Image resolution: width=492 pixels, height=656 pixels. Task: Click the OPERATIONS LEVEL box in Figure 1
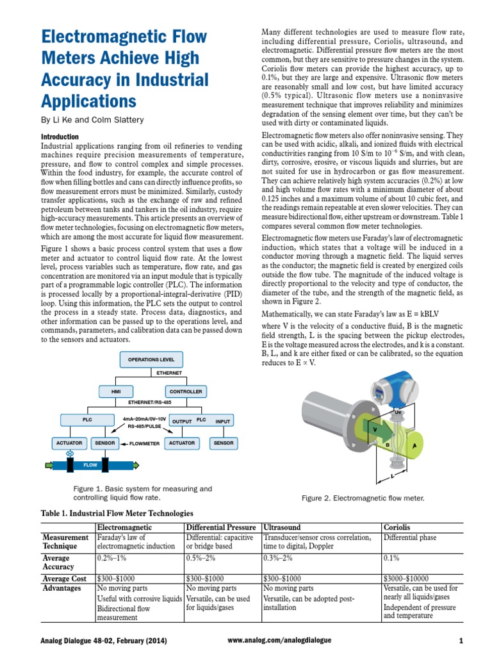point(152,360)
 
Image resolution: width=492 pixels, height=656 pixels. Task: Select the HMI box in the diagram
point(116,391)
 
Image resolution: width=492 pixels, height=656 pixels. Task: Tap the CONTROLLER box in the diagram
point(185,391)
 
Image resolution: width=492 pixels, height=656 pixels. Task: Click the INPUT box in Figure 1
point(223,421)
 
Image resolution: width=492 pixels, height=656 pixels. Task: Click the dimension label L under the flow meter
point(391,476)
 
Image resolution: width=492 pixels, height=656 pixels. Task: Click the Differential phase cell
point(410,537)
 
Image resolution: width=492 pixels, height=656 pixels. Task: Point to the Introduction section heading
point(60,136)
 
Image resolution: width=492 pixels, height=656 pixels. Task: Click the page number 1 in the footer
point(461,640)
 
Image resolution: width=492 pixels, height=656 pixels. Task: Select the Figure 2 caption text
point(363,498)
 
